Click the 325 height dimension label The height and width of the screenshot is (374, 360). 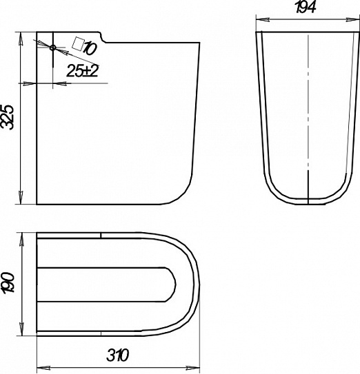coord(8,117)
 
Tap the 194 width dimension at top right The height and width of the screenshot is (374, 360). coord(306,7)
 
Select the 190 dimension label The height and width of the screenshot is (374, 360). coord(8,282)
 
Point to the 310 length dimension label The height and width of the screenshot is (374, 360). coord(117,355)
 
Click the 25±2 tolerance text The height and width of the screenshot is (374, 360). coord(83,71)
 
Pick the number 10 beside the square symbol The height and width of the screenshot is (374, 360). coord(90,48)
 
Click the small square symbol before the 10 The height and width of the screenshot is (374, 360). coord(79,44)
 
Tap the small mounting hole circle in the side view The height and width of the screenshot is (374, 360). coord(53,48)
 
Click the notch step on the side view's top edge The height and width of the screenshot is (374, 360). coord(103,38)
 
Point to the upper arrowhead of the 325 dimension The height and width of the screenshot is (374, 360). coord(21,38)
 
